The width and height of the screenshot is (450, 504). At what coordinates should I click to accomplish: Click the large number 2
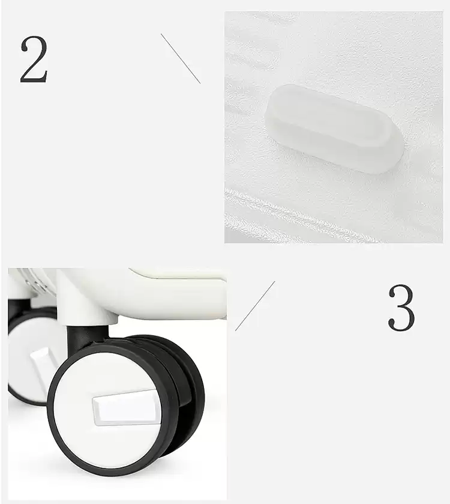[x=34, y=60]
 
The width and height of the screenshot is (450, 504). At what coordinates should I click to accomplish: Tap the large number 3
[x=401, y=308]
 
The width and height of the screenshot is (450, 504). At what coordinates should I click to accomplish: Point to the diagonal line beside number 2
[x=181, y=58]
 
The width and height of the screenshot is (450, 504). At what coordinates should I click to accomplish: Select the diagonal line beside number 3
[x=255, y=306]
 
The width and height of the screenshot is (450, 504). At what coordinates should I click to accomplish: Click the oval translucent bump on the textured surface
[x=334, y=129]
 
